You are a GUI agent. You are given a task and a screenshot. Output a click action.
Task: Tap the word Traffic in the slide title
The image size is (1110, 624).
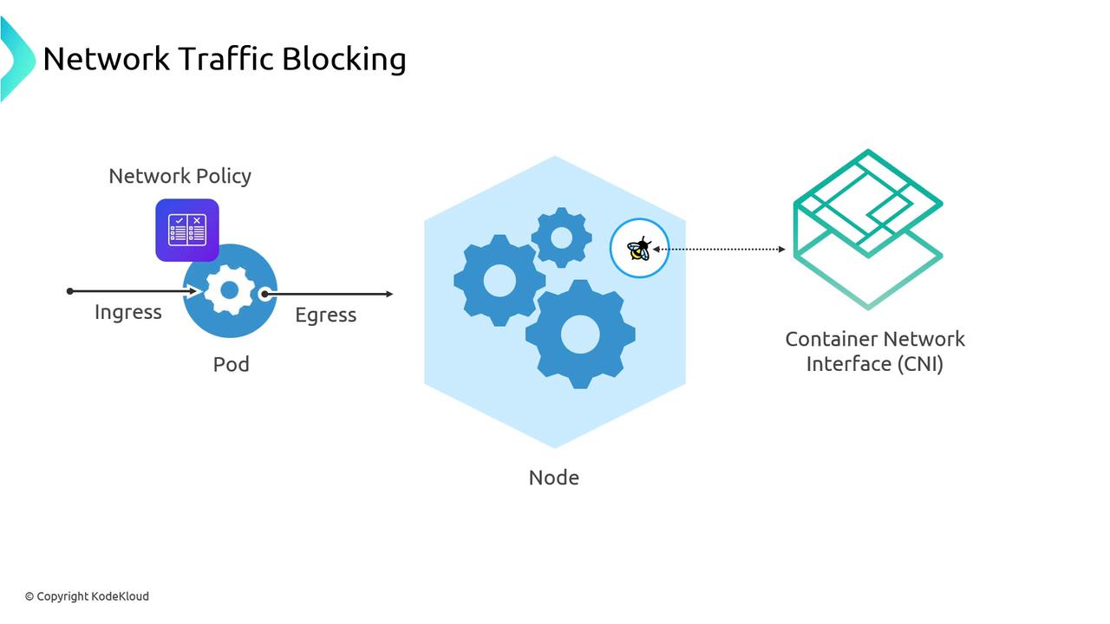click(225, 59)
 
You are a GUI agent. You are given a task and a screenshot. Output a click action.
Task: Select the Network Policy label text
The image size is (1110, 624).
click(180, 176)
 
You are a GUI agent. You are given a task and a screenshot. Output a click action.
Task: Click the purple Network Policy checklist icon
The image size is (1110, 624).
click(187, 230)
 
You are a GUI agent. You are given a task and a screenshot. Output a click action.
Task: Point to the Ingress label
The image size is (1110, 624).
click(128, 312)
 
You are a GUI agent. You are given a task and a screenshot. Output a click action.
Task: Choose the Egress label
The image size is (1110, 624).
click(325, 315)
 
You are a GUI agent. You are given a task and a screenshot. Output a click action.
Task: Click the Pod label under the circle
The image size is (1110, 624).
click(232, 364)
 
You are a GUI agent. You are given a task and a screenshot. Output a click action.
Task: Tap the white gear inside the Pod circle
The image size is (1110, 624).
click(229, 290)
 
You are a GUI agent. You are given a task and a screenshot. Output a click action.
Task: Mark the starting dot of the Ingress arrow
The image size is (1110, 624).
click(70, 291)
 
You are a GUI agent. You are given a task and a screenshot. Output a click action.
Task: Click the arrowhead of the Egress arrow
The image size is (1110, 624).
click(389, 294)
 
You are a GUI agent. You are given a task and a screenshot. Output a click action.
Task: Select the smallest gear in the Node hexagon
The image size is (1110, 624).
click(561, 237)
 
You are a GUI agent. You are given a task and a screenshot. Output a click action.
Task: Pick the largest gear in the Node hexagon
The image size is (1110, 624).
click(580, 334)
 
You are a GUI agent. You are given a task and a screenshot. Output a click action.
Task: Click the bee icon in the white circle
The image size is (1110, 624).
click(640, 249)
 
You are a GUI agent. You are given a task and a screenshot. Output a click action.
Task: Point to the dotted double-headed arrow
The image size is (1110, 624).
click(720, 250)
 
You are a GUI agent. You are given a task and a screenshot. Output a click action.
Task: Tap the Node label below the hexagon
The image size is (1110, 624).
click(554, 478)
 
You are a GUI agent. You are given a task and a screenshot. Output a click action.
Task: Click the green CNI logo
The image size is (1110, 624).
click(868, 229)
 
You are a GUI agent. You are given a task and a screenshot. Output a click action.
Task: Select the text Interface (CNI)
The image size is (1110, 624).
click(875, 364)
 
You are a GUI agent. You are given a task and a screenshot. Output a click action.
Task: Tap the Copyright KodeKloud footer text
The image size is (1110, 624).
click(87, 596)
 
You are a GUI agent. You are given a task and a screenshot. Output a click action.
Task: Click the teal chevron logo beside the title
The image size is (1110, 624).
click(16, 59)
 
